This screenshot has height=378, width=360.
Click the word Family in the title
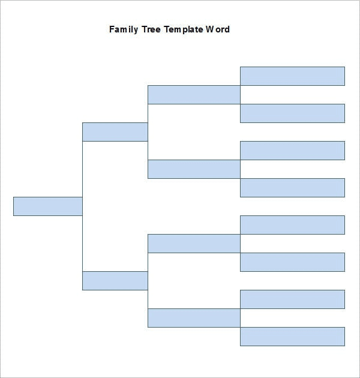point(123,29)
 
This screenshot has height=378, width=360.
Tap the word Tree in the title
point(151,29)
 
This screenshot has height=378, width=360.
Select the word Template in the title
point(184,29)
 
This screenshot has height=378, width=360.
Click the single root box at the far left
point(47,206)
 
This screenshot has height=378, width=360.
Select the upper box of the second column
point(115,131)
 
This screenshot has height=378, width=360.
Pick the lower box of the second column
point(115,280)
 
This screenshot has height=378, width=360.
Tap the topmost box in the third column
point(194,94)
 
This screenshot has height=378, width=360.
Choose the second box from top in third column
point(194,169)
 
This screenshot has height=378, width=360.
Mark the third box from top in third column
point(194,243)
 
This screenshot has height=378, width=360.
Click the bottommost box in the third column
point(194,317)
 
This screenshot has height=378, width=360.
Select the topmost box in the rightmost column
point(292,76)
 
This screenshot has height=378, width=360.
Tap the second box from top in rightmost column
point(292,113)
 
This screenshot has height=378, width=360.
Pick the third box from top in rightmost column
point(292,150)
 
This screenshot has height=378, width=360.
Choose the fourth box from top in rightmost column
point(292,187)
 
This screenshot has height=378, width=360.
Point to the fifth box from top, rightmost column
point(292,224)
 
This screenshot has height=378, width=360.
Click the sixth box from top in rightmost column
point(292,262)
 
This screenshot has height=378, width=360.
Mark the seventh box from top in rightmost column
point(292,299)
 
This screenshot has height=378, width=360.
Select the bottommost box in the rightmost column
point(292,336)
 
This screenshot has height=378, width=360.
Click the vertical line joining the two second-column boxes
point(82,240)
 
